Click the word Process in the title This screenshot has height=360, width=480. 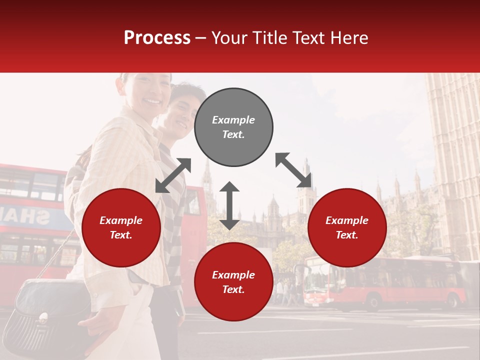click(x=157, y=37)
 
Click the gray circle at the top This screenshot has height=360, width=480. click(x=233, y=127)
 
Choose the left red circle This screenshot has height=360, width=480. click(x=121, y=227)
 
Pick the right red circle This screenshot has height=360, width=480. click(x=347, y=227)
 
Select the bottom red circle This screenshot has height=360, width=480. click(x=233, y=282)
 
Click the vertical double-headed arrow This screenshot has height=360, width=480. click(x=229, y=205)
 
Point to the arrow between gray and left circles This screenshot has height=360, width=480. click(x=173, y=175)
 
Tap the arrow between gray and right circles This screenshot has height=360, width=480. click(x=293, y=170)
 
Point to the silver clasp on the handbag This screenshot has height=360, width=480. click(x=43, y=316)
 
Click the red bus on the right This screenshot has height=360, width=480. click(x=385, y=282)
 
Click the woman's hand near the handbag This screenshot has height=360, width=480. click(x=95, y=327)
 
